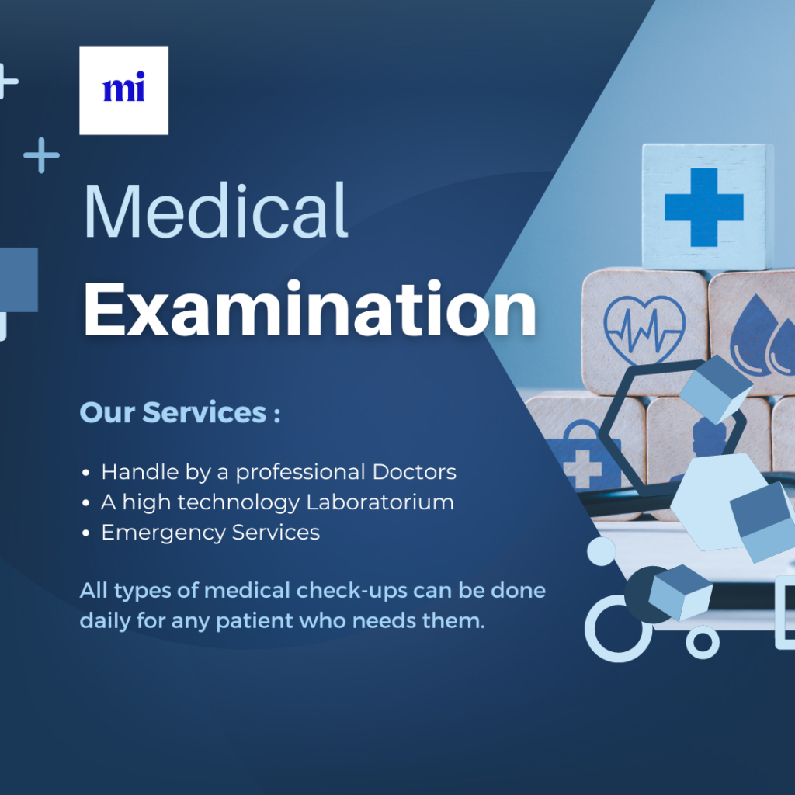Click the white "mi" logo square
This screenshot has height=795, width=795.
[123, 90]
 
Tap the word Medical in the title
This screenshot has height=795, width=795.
[216, 211]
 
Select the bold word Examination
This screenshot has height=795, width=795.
[309, 309]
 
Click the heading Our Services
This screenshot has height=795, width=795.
[179, 412]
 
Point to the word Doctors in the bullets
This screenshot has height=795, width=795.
[415, 472]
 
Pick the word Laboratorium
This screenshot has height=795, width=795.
[380, 502]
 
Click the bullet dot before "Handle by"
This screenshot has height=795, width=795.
[85, 473]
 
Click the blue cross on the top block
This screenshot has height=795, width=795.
[703, 207]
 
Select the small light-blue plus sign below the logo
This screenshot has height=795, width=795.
[42, 155]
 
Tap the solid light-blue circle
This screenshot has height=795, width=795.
[602, 551]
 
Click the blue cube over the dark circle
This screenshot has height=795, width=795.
[680, 592]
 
